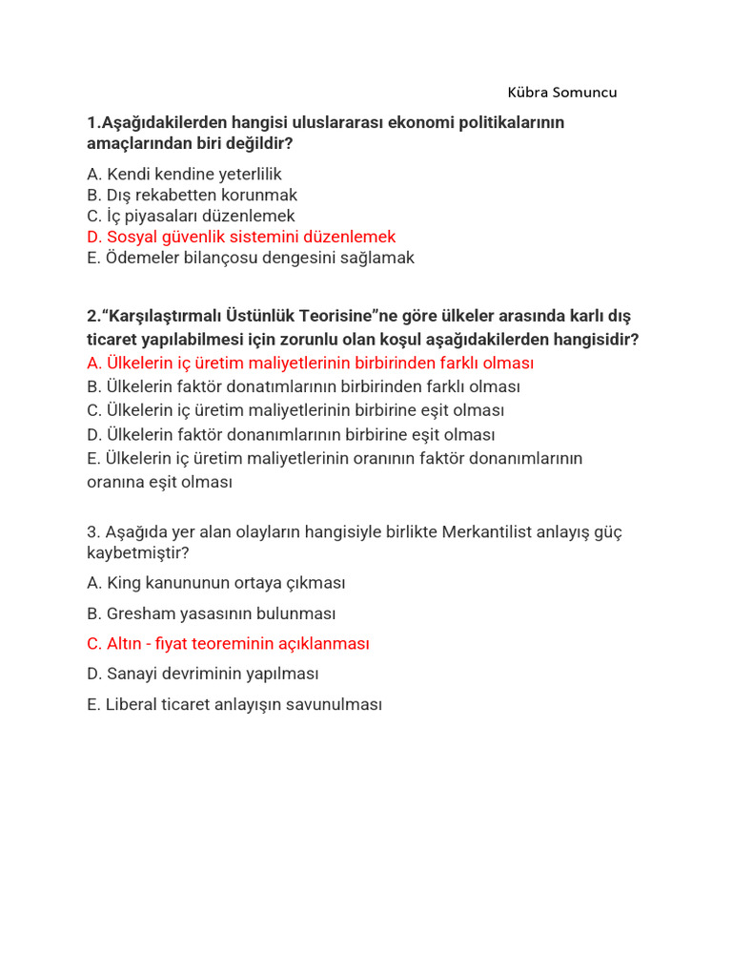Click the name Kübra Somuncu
coord(562,93)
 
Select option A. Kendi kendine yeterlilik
coord(184,175)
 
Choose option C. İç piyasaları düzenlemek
coord(191,216)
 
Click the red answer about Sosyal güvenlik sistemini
coord(240,237)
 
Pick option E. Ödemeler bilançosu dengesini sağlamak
coord(250,258)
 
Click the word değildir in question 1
coord(258,143)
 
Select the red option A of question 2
coord(310,364)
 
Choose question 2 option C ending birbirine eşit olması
coord(295,411)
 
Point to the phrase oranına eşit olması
coord(159,482)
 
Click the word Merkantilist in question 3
coord(488,531)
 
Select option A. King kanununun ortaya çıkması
coord(215,582)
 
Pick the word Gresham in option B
coord(142,613)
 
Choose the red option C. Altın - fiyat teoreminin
coord(227,644)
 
